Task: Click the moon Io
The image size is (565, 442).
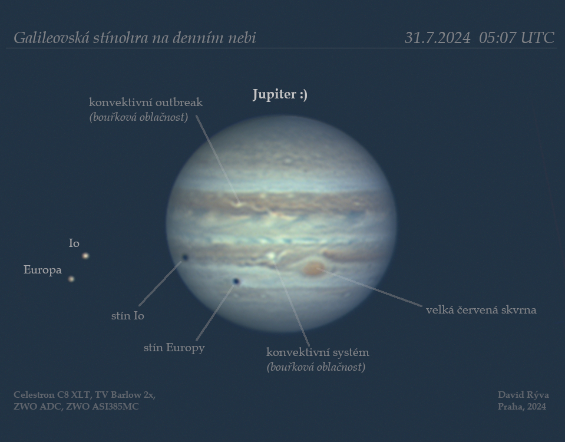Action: (x=85, y=256)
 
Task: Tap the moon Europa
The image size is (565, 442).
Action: (x=71, y=279)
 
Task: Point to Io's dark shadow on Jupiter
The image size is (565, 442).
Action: (x=185, y=257)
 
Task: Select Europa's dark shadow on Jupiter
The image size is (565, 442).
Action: (x=236, y=281)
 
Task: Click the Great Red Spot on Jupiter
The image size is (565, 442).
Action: (x=313, y=269)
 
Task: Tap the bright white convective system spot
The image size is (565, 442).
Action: (x=272, y=256)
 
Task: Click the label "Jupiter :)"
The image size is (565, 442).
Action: (x=280, y=94)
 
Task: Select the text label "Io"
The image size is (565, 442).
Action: (x=74, y=243)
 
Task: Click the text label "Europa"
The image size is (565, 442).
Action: (x=42, y=270)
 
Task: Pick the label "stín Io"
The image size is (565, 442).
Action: (x=128, y=316)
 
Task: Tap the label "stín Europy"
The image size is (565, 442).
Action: (x=174, y=348)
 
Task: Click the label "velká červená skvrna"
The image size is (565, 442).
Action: (x=481, y=309)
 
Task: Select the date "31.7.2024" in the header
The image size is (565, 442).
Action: (x=437, y=38)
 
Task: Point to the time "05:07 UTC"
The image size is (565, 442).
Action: (x=517, y=38)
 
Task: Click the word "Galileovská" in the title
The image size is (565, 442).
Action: (x=51, y=38)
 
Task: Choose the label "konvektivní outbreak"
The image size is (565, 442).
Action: (x=146, y=103)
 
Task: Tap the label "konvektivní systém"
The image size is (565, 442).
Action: (x=318, y=352)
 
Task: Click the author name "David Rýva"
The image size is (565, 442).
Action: (x=523, y=395)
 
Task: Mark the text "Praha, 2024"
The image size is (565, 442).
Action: (x=522, y=407)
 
